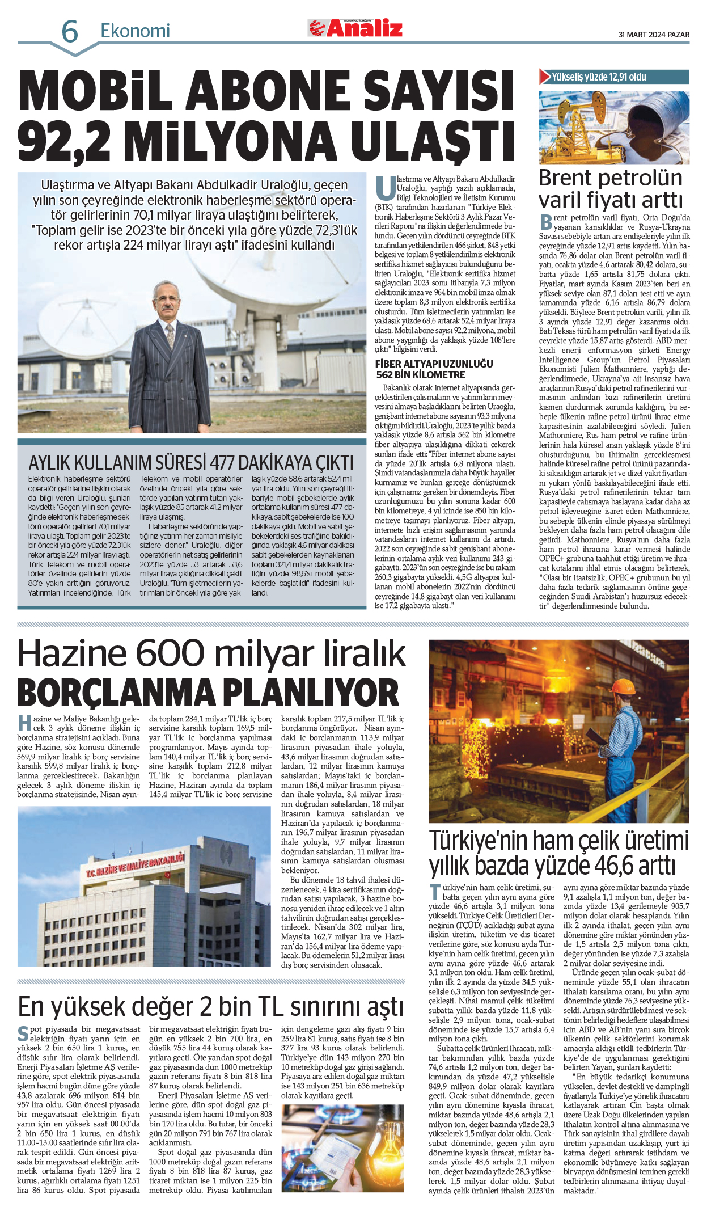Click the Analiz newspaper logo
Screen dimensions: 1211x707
click(355, 28)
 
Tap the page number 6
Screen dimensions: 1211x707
click(69, 32)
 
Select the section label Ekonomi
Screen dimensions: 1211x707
click(135, 31)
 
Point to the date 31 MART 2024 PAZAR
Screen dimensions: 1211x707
click(653, 35)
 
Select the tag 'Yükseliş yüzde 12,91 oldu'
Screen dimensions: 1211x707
click(599, 77)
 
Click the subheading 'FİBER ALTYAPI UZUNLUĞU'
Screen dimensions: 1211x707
click(434, 364)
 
